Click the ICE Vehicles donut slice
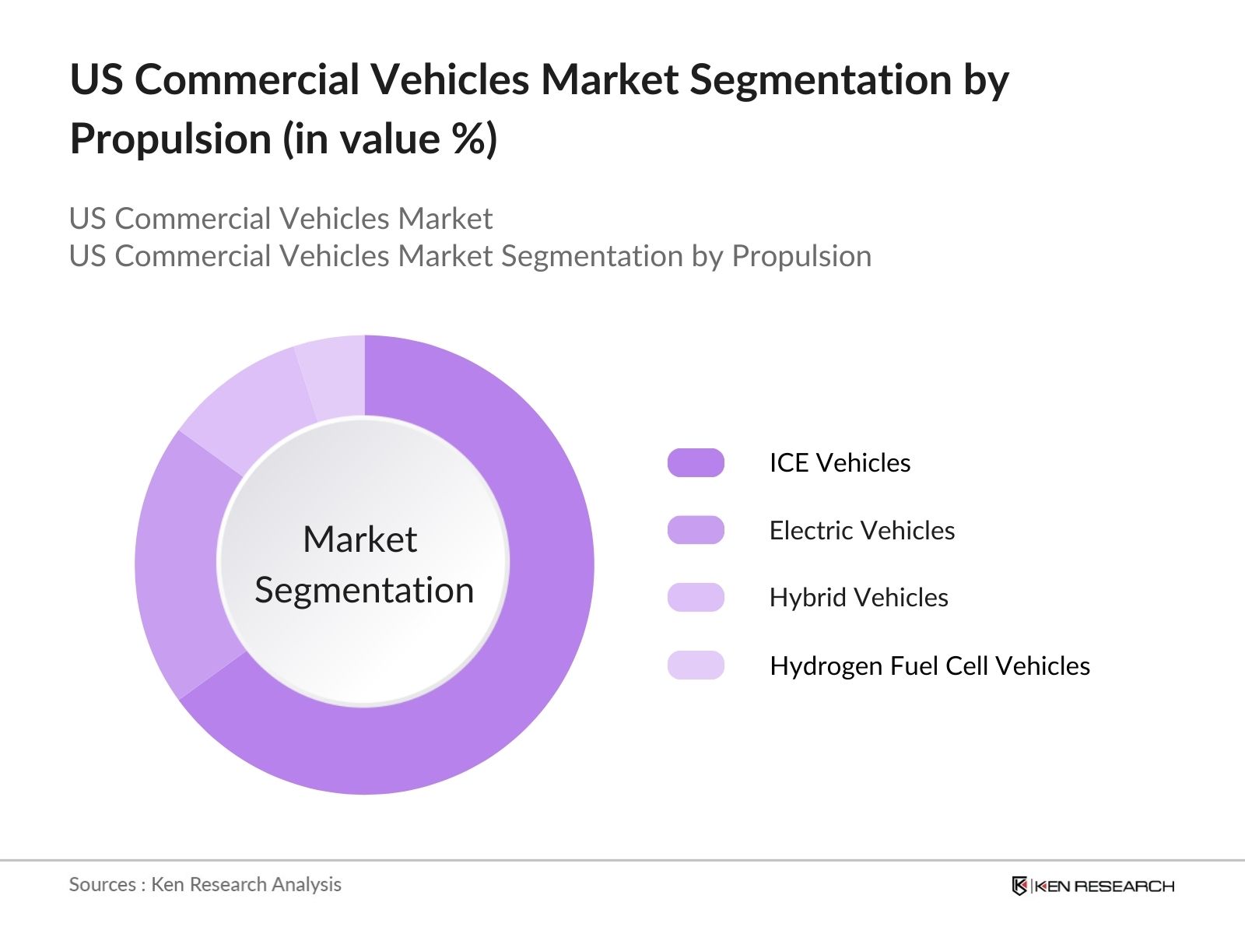[537, 592]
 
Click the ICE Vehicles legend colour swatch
[696, 462]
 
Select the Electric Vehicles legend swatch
[696, 530]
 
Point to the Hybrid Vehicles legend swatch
[696, 597]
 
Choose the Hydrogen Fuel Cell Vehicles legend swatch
[696, 665]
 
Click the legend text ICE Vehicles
[840, 462]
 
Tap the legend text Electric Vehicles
[861, 530]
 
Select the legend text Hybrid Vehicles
[858, 597]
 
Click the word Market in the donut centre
[359, 539]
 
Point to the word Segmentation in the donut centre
[364, 590]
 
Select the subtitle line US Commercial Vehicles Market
[280, 219]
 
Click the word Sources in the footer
[102, 884]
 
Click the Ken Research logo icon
[1019, 886]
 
